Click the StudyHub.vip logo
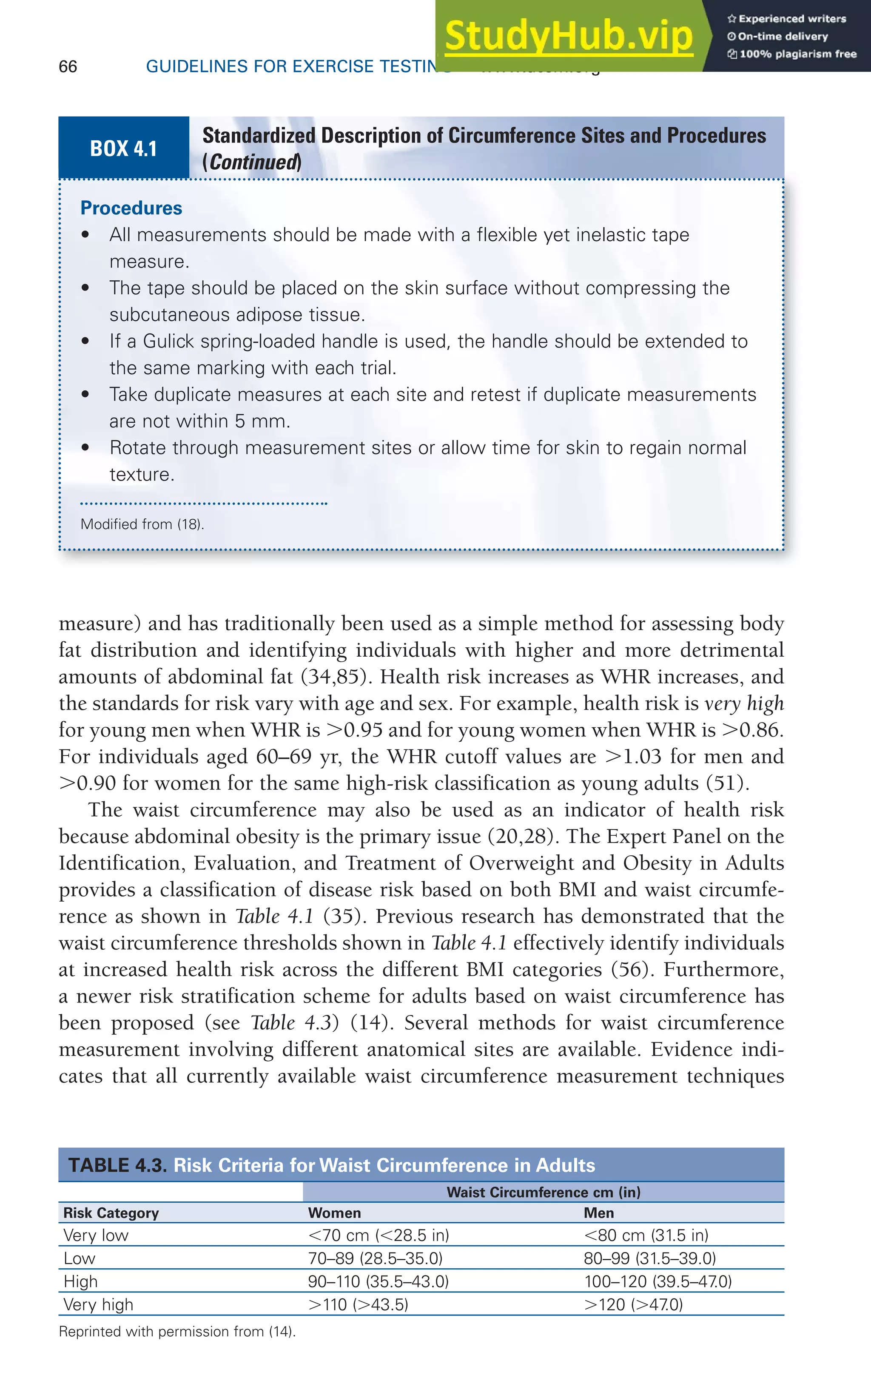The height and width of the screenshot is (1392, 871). (x=569, y=36)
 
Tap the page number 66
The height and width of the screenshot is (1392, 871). (x=68, y=67)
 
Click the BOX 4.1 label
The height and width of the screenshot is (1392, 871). (x=123, y=148)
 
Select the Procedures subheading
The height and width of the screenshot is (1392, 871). (x=131, y=208)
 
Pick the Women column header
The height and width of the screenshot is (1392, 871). (x=334, y=1213)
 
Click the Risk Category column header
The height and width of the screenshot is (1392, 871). (x=111, y=1213)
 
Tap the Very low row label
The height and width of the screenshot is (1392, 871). (x=96, y=1235)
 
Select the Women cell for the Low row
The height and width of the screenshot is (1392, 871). (x=375, y=1258)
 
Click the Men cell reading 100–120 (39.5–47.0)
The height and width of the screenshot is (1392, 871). (x=657, y=1281)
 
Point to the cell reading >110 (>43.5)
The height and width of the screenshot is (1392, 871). (x=358, y=1304)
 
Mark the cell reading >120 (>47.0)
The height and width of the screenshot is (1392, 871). (x=633, y=1304)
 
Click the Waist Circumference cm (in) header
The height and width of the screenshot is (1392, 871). (x=543, y=1192)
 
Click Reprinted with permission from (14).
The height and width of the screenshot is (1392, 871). (x=177, y=1332)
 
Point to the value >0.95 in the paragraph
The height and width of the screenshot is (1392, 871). (x=354, y=730)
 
